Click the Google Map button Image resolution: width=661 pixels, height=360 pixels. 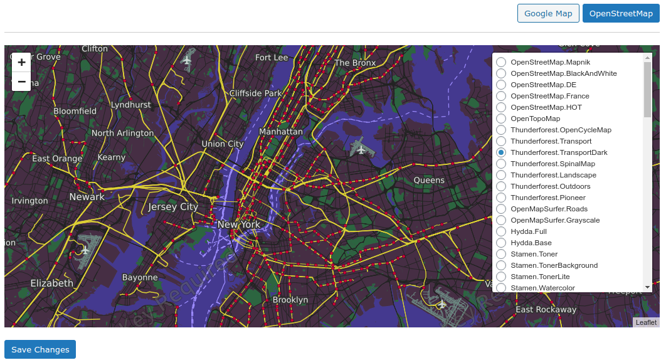pos(548,13)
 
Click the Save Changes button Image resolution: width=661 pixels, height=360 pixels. pos(40,349)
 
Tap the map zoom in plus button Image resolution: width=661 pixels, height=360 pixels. pos(21,62)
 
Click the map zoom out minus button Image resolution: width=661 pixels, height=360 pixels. pos(21,82)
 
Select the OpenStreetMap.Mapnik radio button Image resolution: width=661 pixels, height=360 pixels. pos(501,62)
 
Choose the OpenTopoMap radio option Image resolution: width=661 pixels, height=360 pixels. pos(501,119)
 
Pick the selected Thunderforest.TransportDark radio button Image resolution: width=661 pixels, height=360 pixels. pos(501,152)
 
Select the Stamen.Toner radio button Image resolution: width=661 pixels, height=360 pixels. pos(501,254)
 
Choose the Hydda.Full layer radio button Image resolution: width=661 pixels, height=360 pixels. pos(501,231)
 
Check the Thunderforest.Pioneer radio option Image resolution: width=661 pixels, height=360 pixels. pos(501,198)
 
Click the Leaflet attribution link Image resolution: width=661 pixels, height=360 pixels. pos(646,322)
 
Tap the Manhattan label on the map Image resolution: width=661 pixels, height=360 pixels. pos(281,132)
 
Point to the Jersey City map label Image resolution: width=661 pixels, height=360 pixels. pos(173,206)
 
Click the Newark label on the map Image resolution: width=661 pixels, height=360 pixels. pos(87,196)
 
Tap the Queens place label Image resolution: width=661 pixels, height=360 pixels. pos(429,180)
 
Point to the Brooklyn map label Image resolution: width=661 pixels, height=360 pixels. pos(290,300)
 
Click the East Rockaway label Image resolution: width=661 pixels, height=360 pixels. pos(546,309)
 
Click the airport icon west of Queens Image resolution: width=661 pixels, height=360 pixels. pos(360,148)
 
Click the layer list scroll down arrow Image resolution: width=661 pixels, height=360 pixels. pos(648,287)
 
